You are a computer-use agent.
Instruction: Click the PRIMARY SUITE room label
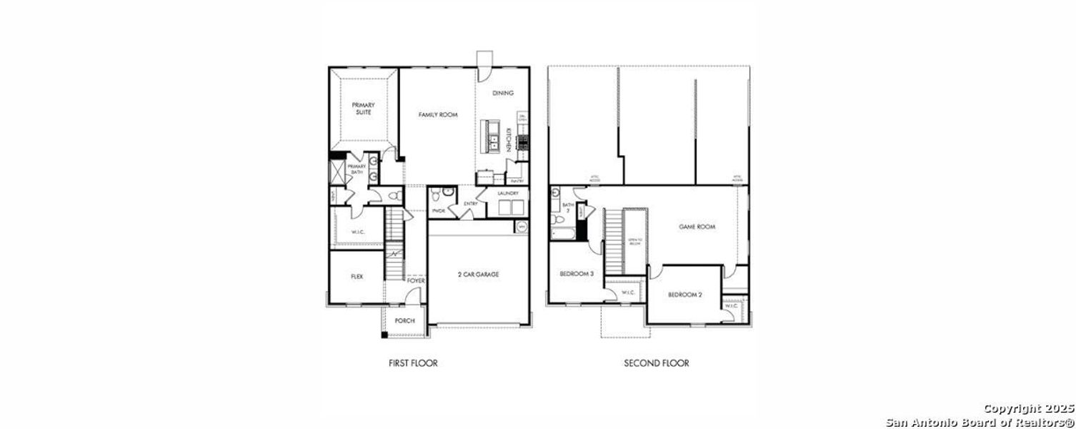click(x=363, y=109)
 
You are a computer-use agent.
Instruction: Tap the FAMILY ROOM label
click(x=438, y=114)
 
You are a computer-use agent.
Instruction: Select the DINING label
click(x=503, y=93)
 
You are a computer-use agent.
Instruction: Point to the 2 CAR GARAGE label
click(x=478, y=274)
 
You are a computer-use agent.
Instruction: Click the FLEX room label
click(x=357, y=276)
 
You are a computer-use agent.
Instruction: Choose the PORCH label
click(x=405, y=320)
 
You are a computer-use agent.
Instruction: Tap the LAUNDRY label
click(x=508, y=193)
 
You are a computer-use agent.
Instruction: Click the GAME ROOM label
click(x=697, y=227)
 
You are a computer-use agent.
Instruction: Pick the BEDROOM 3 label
click(x=577, y=274)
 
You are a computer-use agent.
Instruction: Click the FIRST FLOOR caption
click(x=413, y=363)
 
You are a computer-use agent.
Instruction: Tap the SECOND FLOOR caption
click(x=657, y=363)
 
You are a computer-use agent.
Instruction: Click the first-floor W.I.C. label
click(x=358, y=232)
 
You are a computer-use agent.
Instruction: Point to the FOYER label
click(x=416, y=281)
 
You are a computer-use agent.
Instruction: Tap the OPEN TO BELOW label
click(x=633, y=242)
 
